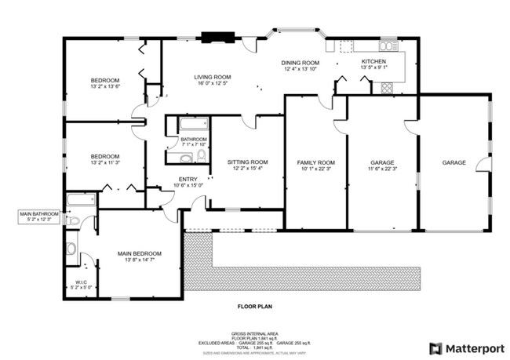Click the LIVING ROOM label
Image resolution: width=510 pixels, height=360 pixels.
pos(211,77)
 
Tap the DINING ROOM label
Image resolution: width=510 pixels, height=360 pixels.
pos(301,63)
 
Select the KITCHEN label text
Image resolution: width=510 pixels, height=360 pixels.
pos(373,62)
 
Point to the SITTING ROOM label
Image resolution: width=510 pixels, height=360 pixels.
pos(247,162)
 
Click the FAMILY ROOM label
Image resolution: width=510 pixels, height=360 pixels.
pos(315,162)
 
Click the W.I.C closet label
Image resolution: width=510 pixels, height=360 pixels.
pos(81,283)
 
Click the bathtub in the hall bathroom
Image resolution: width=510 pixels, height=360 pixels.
pos(193,123)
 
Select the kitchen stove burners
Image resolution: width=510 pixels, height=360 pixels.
pos(387,88)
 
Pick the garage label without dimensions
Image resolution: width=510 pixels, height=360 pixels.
pos(454,162)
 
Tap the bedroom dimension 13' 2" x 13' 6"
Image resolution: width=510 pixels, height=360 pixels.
pos(104,87)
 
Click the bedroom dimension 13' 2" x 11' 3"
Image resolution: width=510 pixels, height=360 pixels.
pos(104,162)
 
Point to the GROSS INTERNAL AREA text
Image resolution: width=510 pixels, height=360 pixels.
pos(254,333)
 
